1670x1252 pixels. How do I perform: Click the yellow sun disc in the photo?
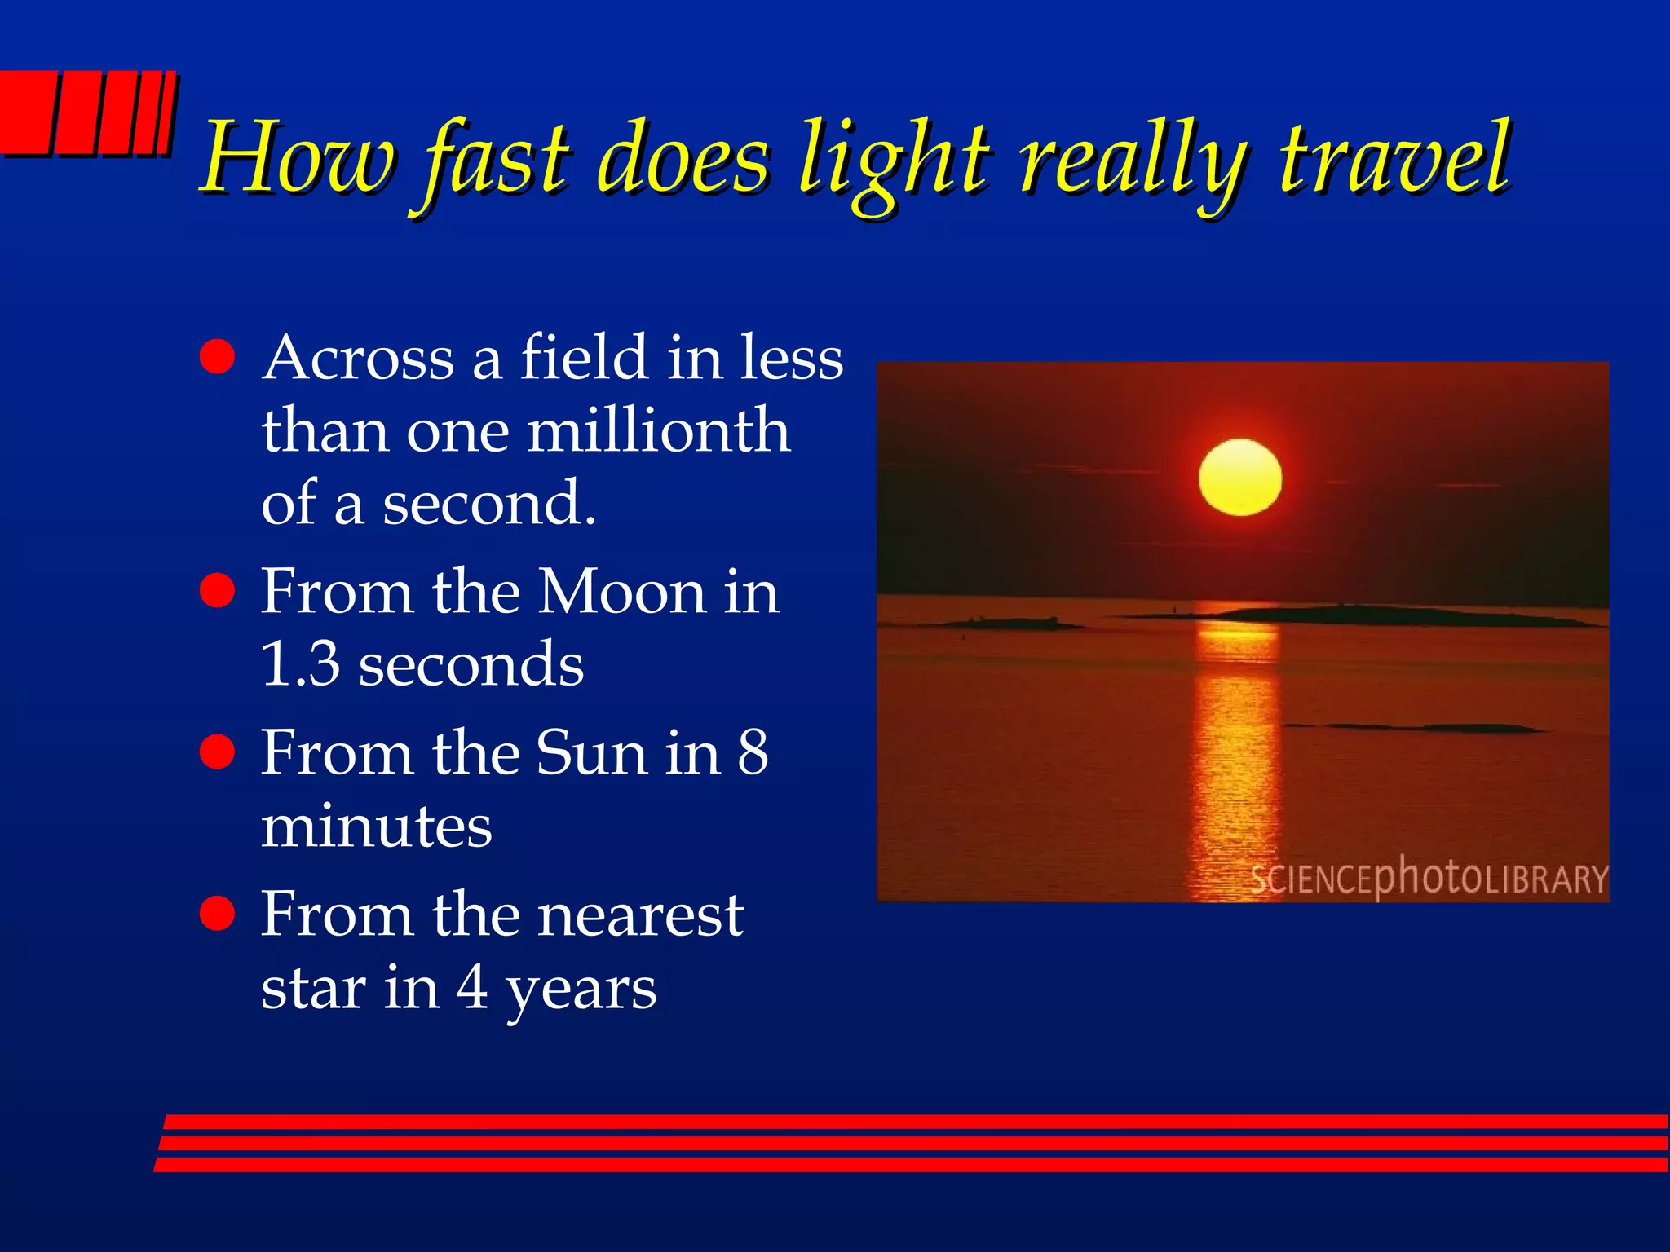pyautogui.click(x=1239, y=478)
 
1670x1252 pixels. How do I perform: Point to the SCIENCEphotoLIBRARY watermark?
pyautogui.click(x=1428, y=879)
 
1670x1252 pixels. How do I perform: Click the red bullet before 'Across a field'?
pyautogui.click(x=217, y=357)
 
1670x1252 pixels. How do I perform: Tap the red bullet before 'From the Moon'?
pyautogui.click(x=217, y=591)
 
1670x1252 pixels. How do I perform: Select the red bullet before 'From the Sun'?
pyautogui.click(x=217, y=752)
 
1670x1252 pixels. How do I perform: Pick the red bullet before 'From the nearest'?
pyautogui.click(x=217, y=913)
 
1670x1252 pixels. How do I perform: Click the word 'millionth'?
pyautogui.click(x=659, y=430)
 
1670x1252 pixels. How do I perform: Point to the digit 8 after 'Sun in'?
pyautogui.click(x=753, y=752)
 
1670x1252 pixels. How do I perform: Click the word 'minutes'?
pyautogui.click(x=376, y=826)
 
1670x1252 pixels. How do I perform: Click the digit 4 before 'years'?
pyautogui.click(x=472, y=987)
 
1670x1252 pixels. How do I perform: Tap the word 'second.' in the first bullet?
pyautogui.click(x=489, y=504)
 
